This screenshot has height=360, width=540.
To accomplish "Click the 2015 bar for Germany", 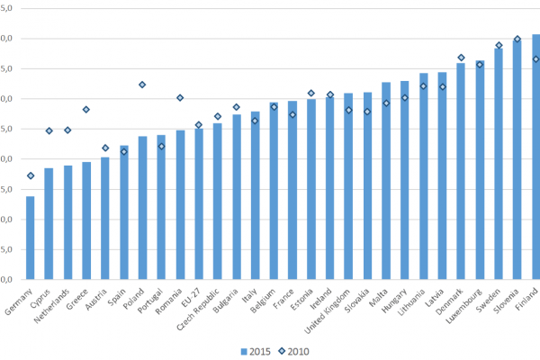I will pos(31,238).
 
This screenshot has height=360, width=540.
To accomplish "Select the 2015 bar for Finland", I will pos(535,157).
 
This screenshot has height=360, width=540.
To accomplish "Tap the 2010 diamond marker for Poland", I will pos(142,85).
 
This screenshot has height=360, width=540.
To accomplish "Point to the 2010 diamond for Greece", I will pos(86,110).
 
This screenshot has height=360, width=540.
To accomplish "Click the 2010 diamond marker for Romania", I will pos(180,98).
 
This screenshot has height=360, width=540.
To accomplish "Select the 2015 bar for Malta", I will pos(386,181).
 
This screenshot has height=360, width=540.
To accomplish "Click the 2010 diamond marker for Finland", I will pos(535,59).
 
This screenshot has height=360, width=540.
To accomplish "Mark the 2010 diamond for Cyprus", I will pos(49,130).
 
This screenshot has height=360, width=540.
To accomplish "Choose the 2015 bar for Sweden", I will pos(499,163).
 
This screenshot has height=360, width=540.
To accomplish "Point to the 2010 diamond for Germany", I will pos(31,175).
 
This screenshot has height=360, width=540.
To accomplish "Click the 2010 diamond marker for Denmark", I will pos(461,58).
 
